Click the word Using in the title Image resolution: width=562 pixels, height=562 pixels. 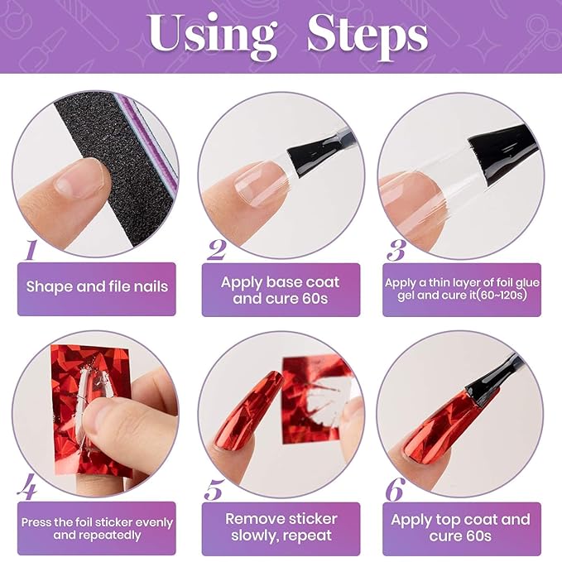pyautogui.click(x=213, y=36)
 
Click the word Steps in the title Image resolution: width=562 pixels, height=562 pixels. pyautogui.click(x=367, y=36)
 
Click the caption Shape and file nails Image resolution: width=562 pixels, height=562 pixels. pyautogui.click(x=97, y=287)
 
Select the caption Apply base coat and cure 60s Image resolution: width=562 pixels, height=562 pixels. pyautogui.click(x=281, y=290)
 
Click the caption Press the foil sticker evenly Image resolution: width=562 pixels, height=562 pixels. pyautogui.click(x=97, y=528)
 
